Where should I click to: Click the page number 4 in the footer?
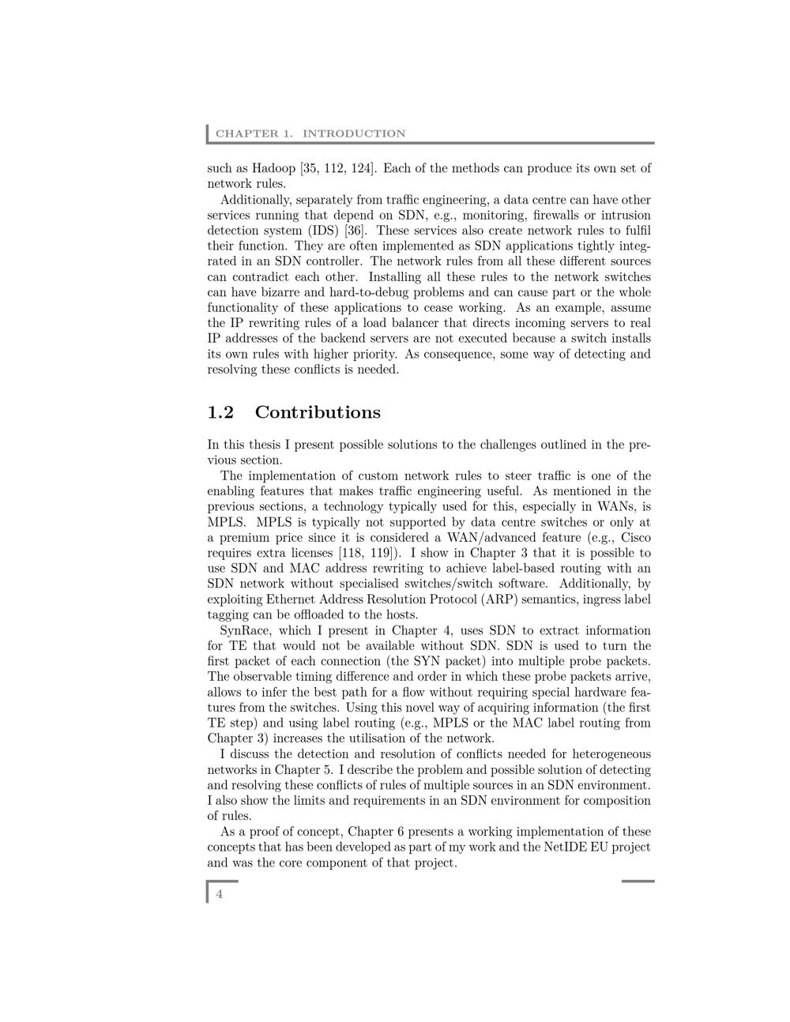pos(220,894)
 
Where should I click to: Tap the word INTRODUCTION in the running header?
pos(354,133)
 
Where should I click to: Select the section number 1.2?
pos(220,412)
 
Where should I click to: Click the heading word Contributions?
pos(318,412)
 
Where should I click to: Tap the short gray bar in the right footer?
pos(638,881)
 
